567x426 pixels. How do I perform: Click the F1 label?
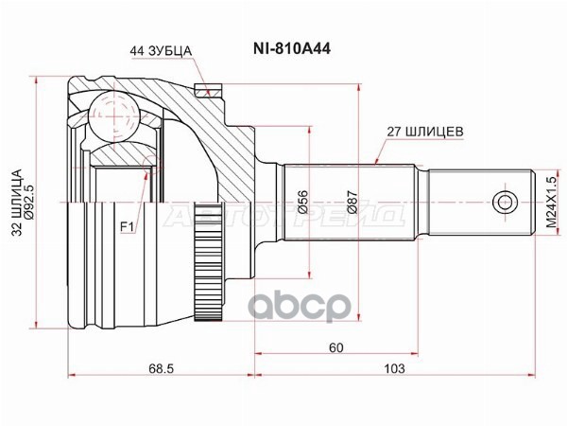pos(126,225)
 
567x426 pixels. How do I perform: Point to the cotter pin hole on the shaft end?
pos(507,202)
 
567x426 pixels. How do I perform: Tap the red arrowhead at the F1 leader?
pos(146,173)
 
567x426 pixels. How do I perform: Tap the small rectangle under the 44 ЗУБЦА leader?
pos(200,91)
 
